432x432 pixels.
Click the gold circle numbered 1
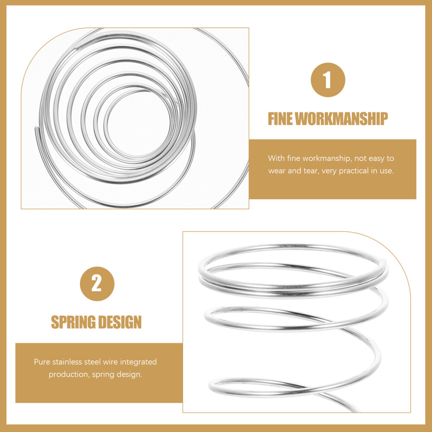pos(328,80)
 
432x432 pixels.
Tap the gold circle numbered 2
pos(97,284)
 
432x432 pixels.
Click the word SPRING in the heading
pos(73,322)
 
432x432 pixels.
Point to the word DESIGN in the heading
pos(120,322)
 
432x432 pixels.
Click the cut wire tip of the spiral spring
pos(36,128)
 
